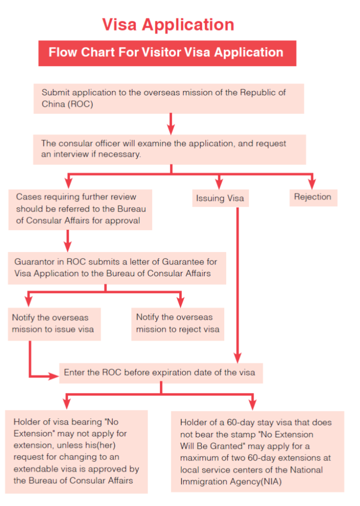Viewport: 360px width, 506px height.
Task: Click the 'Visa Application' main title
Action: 168,25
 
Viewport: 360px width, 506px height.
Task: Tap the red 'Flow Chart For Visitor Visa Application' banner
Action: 167,53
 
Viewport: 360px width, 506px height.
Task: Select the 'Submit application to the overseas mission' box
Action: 169,98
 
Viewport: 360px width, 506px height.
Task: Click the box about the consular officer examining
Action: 169,149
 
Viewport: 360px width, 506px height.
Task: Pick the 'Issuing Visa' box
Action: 220,198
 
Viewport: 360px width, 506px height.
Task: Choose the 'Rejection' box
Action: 313,198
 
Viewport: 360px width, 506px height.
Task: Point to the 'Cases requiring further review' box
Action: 80,210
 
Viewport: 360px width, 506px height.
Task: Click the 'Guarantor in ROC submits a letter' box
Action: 117,268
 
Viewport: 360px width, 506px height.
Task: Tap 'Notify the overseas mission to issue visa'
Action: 54,324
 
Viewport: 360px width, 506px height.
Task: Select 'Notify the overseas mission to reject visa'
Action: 178,324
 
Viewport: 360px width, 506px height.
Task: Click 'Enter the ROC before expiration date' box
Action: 161,373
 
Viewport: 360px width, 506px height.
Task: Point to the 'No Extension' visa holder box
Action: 77,452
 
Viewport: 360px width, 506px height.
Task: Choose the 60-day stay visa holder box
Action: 257,452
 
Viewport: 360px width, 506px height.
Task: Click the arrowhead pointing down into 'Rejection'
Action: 312,184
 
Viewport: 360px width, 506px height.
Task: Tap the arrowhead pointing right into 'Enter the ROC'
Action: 53,376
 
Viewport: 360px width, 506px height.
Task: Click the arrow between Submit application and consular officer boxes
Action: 171,124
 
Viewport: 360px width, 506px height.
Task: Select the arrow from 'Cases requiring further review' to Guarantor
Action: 68,241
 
